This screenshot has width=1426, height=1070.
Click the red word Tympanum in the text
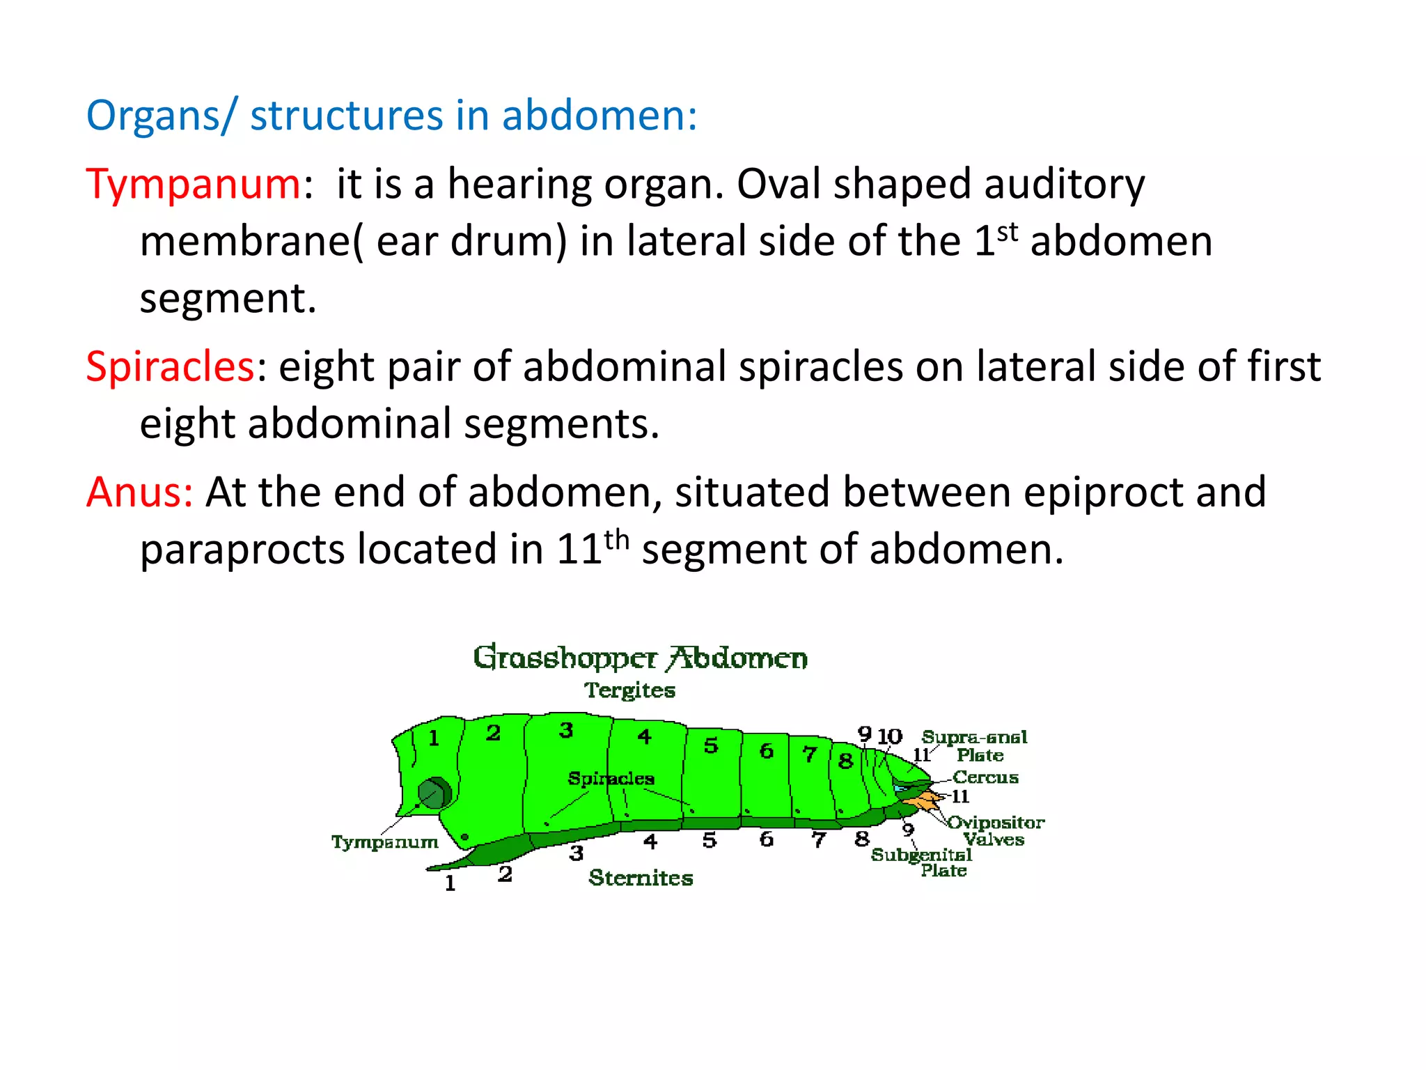[x=193, y=185]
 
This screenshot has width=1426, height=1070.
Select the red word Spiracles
[x=170, y=366]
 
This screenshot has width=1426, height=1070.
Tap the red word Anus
[x=139, y=492]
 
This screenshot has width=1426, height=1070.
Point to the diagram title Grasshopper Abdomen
[x=640, y=658]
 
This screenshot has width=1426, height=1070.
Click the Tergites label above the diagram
[x=629, y=690]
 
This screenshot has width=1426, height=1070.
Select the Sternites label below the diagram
[x=641, y=878]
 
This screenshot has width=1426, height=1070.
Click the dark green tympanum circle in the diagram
[x=434, y=794]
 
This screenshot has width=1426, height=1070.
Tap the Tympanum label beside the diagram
[x=384, y=842]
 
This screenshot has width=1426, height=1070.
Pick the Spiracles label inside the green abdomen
[x=611, y=778]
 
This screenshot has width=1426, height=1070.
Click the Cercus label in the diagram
[x=985, y=777]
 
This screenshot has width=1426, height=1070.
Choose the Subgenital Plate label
[x=922, y=862]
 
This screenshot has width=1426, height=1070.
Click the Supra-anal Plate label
[x=975, y=745]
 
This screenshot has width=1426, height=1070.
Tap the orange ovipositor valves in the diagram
[x=927, y=801]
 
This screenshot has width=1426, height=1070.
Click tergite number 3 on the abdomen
[x=566, y=730]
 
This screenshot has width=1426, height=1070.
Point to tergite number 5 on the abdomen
[x=710, y=745]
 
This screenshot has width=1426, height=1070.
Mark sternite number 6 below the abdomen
[x=766, y=839]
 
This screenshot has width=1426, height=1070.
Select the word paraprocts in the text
[x=242, y=550]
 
